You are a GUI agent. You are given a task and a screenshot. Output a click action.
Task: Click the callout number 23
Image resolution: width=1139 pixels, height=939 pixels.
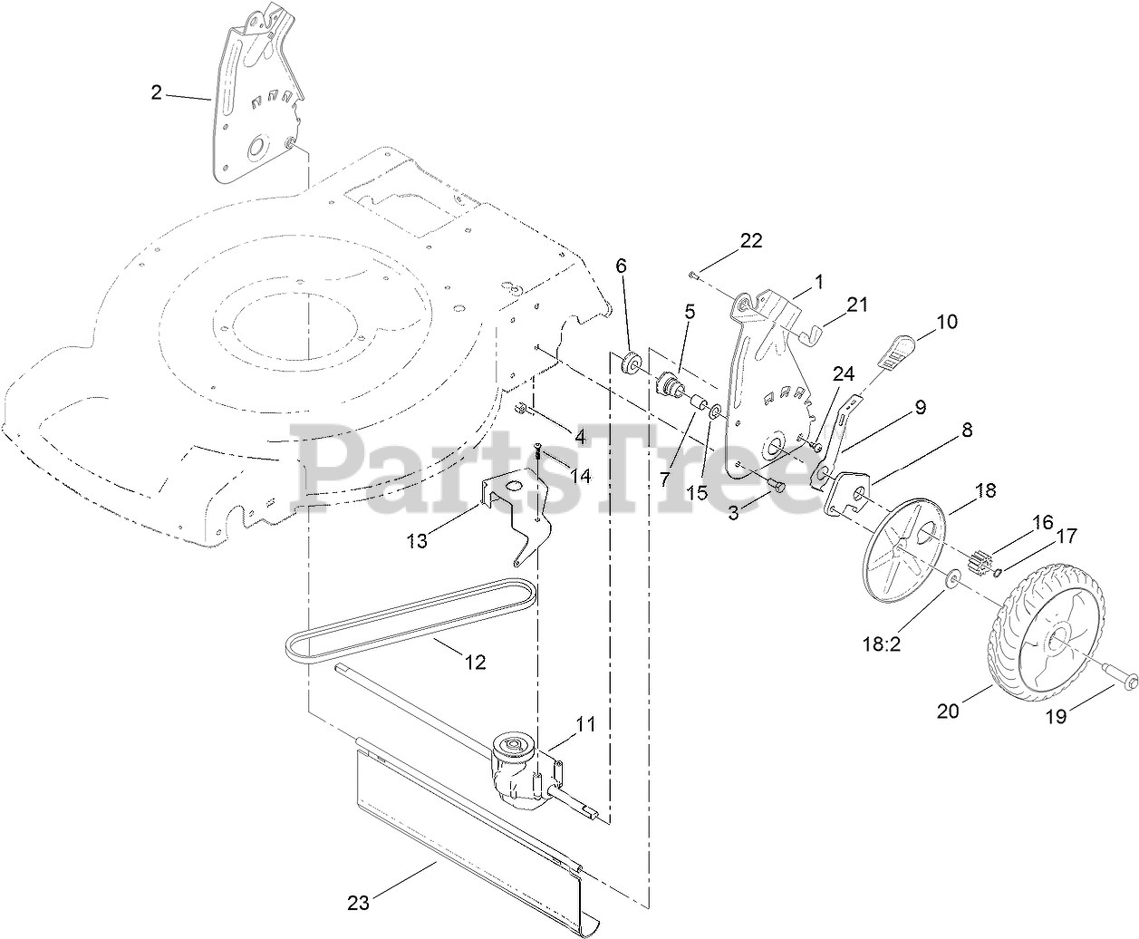click(x=359, y=903)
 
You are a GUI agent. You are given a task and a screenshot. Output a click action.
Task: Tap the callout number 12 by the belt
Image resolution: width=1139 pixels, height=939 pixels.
click(x=475, y=663)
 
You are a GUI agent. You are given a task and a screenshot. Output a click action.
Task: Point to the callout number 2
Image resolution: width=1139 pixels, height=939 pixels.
click(x=156, y=92)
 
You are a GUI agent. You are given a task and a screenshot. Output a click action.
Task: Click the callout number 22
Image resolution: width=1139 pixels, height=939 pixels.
click(x=751, y=240)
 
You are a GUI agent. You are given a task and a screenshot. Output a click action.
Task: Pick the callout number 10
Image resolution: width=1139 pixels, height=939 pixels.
click(x=946, y=321)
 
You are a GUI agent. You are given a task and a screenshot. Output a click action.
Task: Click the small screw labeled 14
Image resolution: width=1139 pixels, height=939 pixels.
click(x=537, y=450)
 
